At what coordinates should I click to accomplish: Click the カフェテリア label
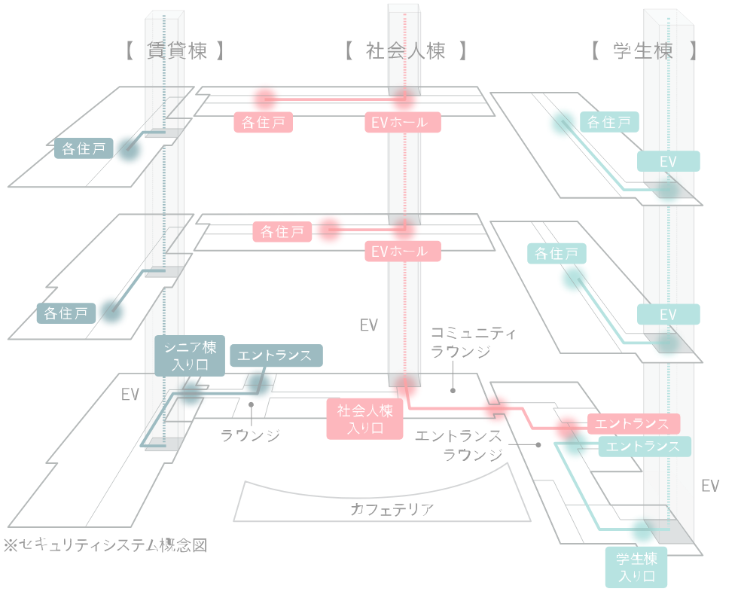[x=392, y=509]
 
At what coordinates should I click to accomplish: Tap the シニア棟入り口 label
[x=190, y=356]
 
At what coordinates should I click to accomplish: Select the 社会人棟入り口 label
[x=364, y=419]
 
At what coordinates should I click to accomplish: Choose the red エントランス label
[x=633, y=423]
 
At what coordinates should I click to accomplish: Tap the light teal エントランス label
[x=644, y=447]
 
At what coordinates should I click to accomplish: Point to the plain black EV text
[x=130, y=395]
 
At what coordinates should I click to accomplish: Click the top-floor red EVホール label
[x=398, y=122]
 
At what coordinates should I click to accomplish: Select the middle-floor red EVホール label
[x=398, y=252]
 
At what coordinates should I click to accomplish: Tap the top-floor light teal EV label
[x=668, y=161]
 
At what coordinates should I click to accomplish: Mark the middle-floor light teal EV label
[x=668, y=314]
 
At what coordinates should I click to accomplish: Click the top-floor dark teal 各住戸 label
[x=84, y=148]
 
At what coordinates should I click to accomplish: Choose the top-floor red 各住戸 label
[x=263, y=122]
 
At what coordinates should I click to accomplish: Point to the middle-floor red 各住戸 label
[x=282, y=232]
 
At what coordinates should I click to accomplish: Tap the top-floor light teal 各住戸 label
[x=609, y=122]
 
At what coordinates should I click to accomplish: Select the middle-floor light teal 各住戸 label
[x=557, y=254]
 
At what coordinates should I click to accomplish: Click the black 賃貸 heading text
[x=166, y=50]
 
